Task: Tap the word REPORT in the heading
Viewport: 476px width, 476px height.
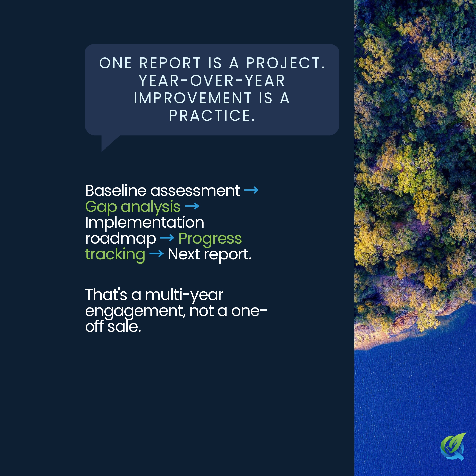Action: [170, 63]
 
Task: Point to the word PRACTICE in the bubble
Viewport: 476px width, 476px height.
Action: [212, 116]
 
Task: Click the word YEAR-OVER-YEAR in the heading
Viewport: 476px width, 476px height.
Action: [212, 81]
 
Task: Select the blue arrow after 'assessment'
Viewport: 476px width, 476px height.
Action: [251, 190]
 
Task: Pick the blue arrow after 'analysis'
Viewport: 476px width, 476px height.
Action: [192, 206]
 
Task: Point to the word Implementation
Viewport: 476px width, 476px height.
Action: [144, 222]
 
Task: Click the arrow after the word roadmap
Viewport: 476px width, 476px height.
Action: [167, 238]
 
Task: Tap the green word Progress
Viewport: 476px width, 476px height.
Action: [210, 239]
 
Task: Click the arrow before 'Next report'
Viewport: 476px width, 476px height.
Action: [156, 254]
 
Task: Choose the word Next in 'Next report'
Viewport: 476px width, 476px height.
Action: [184, 254]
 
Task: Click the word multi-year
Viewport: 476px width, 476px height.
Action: [184, 295]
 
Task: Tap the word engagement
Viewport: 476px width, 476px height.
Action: [135, 311]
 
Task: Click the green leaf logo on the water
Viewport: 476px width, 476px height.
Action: [453, 446]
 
